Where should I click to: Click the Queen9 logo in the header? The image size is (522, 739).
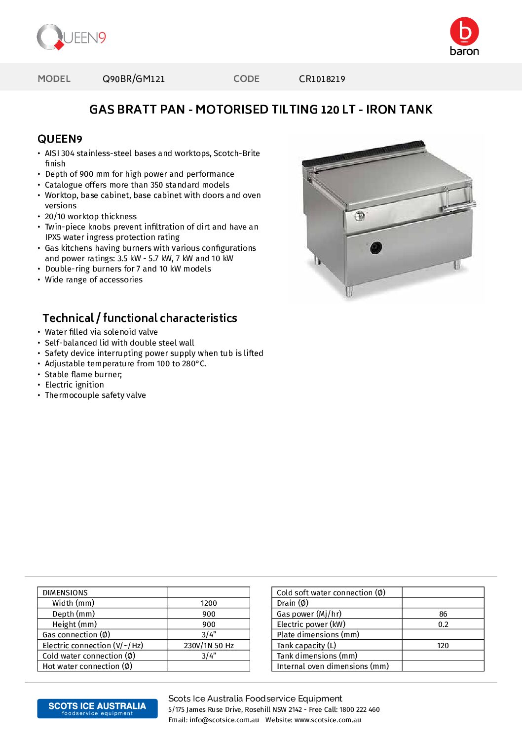coord(72,37)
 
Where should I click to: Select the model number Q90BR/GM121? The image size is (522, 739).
coord(134,78)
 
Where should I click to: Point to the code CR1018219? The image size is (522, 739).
coord(322,78)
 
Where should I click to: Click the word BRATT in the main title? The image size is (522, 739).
coord(165,109)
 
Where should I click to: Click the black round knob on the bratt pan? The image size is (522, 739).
coord(376,247)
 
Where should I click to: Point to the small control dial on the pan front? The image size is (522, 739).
coord(360,215)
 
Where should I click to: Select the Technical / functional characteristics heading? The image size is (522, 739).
coord(140,318)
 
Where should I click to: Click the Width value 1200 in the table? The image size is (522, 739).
coord(209,603)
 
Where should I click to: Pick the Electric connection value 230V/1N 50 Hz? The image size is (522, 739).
coord(209,645)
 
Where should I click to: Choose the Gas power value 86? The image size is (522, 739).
coord(443,614)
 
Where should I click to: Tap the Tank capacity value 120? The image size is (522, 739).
coord(443,645)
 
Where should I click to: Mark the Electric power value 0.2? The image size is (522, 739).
coord(443,624)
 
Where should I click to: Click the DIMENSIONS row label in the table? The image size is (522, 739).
coord(65,592)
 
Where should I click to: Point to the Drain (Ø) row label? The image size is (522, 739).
coord(293,603)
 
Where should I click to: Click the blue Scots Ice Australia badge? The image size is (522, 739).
coord(97,708)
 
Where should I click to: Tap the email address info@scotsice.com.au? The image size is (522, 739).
coord(224,720)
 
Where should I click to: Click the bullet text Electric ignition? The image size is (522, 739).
coord(75,385)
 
